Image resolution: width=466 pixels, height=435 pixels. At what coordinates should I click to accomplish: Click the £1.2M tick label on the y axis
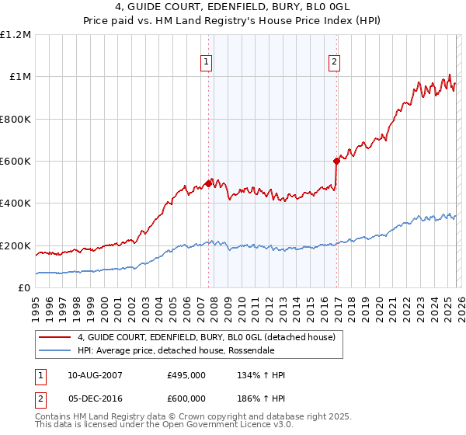coord(16,35)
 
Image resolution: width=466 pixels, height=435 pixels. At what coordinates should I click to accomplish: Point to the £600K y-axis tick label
coord(16,162)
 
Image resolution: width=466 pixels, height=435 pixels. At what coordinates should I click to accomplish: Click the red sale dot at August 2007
coord(208,183)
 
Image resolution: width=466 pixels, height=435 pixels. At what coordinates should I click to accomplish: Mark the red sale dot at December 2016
coord(336,162)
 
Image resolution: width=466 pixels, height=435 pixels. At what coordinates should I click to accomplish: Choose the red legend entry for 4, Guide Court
coord(206,337)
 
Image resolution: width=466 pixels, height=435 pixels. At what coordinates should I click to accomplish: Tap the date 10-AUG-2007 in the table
coord(94,375)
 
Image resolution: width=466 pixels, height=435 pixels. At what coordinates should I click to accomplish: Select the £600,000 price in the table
coord(186,398)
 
